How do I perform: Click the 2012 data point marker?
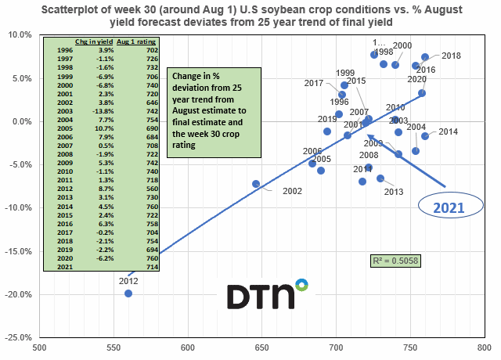point(128,293)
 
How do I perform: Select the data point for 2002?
point(256,184)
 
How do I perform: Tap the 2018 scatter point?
point(425,57)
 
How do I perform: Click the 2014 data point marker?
point(425,136)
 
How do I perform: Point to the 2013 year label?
point(394,192)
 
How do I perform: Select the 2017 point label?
point(314,83)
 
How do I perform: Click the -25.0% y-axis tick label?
point(18,337)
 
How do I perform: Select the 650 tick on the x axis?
point(261,347)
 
